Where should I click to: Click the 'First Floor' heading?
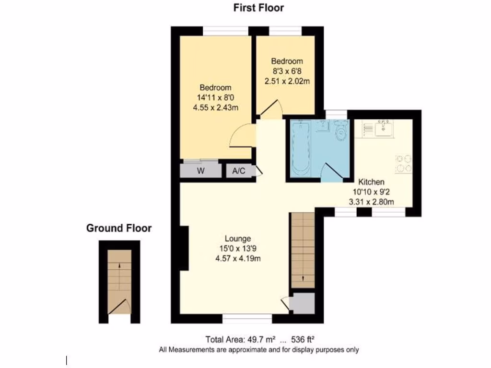tap(258, 8)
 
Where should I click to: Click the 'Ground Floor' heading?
tap(118, 228)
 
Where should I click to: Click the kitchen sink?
tap(384, 128)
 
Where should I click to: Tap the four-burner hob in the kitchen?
tap(403, 163)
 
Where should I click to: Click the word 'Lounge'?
tap(238, 239)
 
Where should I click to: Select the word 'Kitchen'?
tap(372, 182)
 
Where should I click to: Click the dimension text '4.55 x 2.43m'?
tap(215, 108)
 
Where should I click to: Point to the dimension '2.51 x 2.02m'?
tap(287, 81)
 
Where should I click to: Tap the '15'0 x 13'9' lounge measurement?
tap(238, 249)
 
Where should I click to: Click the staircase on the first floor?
tap(303, 250)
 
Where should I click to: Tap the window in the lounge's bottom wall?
tap(247, 318)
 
